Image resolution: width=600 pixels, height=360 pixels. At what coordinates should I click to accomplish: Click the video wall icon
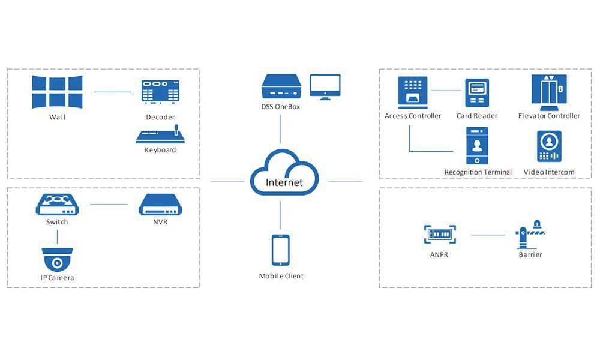pyautogui.click(x=57, y=91)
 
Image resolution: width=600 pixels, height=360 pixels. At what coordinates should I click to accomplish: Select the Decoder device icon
pyautogui.click(x=160, y=92)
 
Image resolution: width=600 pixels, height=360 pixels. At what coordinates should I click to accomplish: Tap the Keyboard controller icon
pyautogui.click(x=160, y=134)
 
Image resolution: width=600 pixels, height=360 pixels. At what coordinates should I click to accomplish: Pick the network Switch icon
pyautogui.click(x=57, y=204)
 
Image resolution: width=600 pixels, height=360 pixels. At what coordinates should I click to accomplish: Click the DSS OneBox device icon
pyautogui.click(x=280, y=88)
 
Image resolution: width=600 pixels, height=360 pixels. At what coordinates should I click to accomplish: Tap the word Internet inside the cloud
pyautogui.click(x=284, y=182)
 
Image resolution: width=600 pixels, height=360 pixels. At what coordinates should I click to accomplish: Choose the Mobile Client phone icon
pyautogui.click(x=281, y=250)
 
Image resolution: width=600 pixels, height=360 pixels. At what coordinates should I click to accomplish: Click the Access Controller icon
pyautogui.click(x=413, y=92)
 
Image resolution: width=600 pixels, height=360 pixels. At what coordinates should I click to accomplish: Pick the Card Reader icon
pyautogui.click(x=477, y=93)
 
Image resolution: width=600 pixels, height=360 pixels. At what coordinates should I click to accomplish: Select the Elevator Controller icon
pyautogui.click(x=548, y=91)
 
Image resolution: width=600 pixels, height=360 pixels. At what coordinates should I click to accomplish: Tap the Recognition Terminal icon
pyautogui.click(x=478, y=146)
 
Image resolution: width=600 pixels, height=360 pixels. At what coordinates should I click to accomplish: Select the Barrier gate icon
pyautogui.click(x=530, y=235)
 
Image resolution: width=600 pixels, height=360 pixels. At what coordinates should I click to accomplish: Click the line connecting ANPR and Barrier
pyautogui.click(x=488, y=235)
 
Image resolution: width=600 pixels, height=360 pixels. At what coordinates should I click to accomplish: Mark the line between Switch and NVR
pyautogui.click(x=109, y=205)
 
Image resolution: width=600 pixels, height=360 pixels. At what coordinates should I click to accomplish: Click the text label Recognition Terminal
pyautogui.click(x=478, y=172)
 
